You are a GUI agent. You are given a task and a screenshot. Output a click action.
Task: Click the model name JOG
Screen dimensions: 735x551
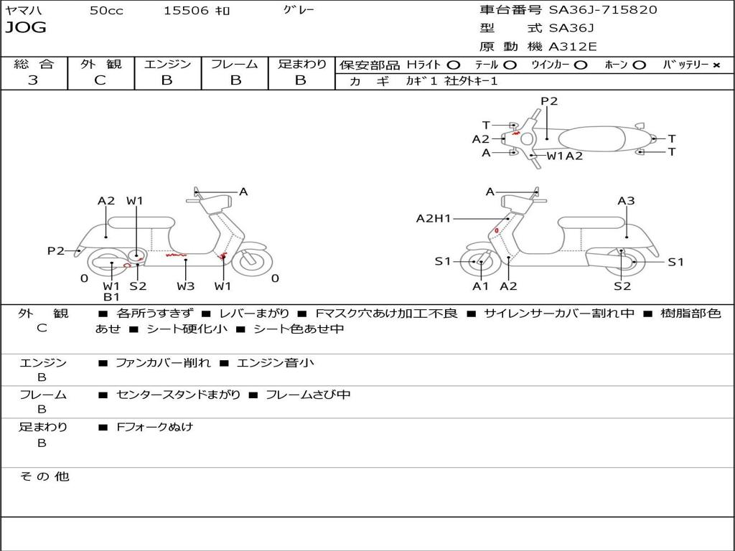[x=26, y=28]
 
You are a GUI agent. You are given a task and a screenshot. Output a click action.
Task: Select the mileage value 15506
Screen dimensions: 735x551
[x=186, y=11]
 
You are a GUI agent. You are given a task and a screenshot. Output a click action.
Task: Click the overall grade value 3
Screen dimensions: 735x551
[x=33, y=80]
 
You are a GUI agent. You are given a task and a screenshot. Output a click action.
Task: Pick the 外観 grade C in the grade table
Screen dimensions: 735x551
[x=100, y=80]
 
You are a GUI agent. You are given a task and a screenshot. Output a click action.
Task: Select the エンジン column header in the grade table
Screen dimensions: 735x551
[x=167, y=65]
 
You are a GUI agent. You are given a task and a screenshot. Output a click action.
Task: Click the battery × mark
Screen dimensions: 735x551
[x=716, y=65]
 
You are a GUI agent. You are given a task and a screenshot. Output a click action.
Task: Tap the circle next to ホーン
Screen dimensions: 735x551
[x=640, y=65]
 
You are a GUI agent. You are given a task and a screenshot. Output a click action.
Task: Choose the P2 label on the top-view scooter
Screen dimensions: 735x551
[x=549, y=101]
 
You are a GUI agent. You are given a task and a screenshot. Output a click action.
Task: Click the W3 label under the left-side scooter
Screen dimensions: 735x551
[x=186, y=286]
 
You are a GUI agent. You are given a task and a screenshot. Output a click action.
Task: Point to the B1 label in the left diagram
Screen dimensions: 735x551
[x=111, y=297]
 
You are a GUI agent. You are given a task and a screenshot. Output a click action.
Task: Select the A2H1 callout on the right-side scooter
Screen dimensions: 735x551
[x=434, y=219]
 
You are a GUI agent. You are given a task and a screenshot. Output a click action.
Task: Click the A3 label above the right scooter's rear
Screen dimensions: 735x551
[x=626, y=201]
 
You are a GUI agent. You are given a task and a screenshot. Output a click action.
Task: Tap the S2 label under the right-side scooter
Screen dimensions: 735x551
[x=622, y=286]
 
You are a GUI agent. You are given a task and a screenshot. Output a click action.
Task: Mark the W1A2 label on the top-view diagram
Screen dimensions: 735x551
[x=564, y=156]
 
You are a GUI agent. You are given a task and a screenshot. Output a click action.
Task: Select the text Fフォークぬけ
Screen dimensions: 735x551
[x=155, y=427]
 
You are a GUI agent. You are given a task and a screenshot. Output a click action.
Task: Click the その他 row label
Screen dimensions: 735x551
[x=44, y=476]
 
